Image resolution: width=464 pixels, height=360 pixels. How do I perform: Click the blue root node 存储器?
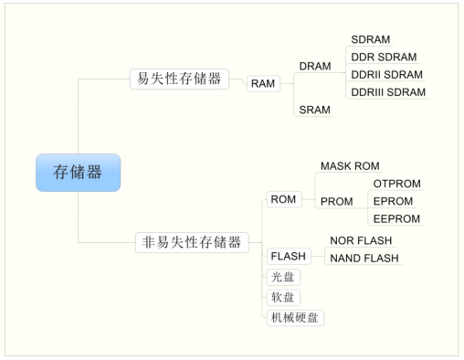point(78,173)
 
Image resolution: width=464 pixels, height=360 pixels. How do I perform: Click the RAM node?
point(263,84)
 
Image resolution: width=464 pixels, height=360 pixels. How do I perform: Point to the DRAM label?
point(315,67)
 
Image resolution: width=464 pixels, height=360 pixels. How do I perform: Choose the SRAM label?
point(314,110)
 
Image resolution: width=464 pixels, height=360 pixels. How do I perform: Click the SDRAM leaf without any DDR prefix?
point(371,40)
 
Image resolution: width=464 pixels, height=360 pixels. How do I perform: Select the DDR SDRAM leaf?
point(384,58)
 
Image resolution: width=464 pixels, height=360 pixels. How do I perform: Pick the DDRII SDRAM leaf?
point(386,75)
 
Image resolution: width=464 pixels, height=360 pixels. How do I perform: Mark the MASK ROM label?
point(349,166)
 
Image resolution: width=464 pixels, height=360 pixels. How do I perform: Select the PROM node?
point(336,201)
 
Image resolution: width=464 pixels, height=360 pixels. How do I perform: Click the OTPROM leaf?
point(396,184)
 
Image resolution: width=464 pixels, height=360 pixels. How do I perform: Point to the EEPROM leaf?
point(396,218)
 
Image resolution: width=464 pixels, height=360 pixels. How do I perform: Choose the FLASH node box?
point(288,256)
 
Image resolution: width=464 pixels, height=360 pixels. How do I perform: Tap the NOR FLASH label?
point(361,240)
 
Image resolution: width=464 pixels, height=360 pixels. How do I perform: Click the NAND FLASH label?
point(364,259)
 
